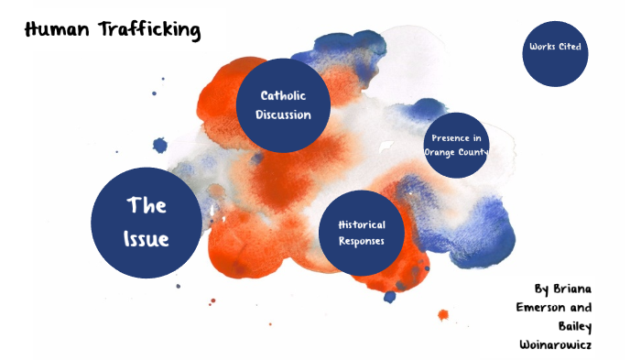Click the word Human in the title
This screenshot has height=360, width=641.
coord(55,29)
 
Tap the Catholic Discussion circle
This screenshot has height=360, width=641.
coord(283,104)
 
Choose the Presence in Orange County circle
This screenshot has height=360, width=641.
coord(457,146)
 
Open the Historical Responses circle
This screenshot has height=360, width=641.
coord(361,233)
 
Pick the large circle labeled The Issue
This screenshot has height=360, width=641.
coord(147,222)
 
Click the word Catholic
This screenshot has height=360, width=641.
coord(283,95)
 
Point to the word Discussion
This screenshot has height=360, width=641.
coord(283,115)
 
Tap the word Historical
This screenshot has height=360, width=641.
coord(361,224)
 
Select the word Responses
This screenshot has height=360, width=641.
coord(361,242)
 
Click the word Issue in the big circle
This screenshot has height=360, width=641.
coord(147,239)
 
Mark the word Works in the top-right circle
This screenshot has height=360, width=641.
coord(542,47)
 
